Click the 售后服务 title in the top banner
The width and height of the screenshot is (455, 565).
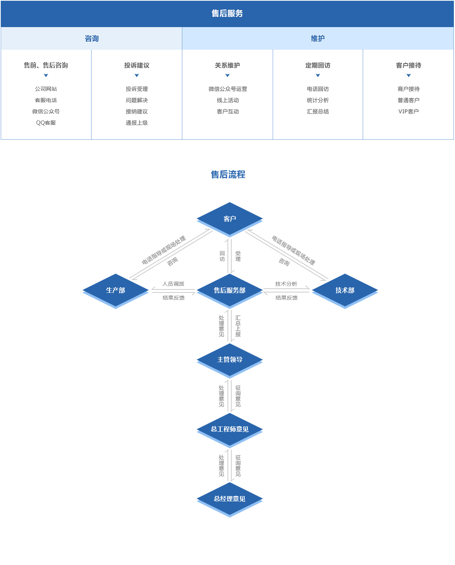[x=227, y=14]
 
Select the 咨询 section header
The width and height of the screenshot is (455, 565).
[x=92, y=38]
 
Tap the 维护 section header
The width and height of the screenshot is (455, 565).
[x=318, y=38]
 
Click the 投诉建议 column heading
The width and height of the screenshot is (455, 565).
[x=137, y=65]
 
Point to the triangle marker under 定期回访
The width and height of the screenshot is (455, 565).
[x=318, y=76]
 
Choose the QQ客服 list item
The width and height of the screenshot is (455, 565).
[x=46, y=123]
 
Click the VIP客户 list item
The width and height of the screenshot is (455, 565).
[x=408, y=111]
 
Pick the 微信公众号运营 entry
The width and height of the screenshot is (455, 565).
[x=228, y=89]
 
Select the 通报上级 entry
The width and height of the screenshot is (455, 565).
[x=137, y=123]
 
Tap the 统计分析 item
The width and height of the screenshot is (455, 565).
[x=318, y=100]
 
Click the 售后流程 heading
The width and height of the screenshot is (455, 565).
[x=228, y=175]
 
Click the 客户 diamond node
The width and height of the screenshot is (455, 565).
[x=230, y=219]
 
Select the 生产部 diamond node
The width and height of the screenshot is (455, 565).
[x=116, y=290]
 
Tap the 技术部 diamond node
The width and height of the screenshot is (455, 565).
[x=345, y=290]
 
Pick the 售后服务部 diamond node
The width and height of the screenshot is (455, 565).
[x=230, y=290]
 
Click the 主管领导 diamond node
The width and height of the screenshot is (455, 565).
[x=230, y=359]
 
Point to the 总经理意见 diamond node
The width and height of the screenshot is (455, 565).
[x=230, y=499]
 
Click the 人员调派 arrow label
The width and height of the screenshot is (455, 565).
[x=173, y=284]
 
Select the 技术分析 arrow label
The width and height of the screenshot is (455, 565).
[x=286, y=284]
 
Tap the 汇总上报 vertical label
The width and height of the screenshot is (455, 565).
[x=238, y=326]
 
